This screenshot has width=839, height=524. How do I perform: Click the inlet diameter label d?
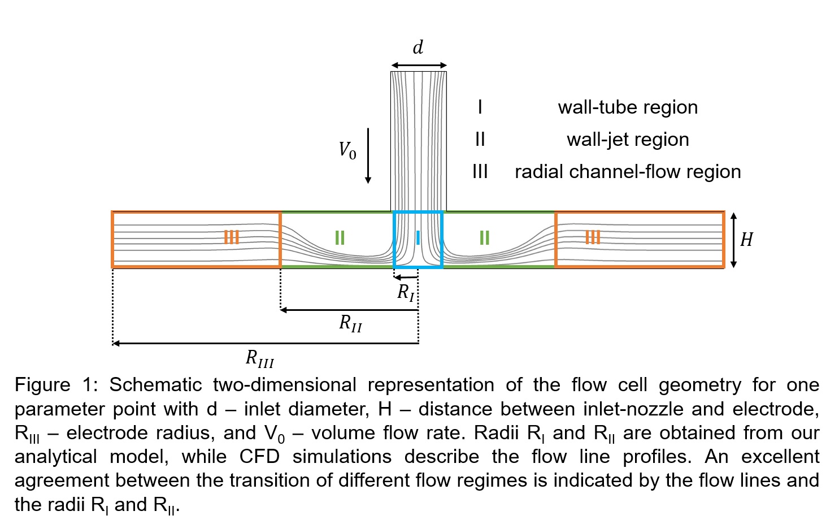pos(418,47)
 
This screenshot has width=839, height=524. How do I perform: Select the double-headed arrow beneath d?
pos(419,66)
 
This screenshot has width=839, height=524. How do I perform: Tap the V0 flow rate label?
pos(347,151)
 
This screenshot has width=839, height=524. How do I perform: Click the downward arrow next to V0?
pos(368,155)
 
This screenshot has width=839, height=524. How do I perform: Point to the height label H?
pos(746,240)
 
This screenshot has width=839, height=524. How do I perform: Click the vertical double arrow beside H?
pos(733,240)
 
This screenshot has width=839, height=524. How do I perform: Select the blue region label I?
pos(418,238)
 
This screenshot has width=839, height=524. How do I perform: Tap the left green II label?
pos(340,238)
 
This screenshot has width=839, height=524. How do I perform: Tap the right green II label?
pos(484,238)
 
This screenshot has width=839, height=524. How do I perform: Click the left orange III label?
pos(231,237)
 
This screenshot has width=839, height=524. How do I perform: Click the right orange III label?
pos(592,237)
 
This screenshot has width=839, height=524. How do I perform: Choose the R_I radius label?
pos(406,292)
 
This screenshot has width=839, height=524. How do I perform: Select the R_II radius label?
pos(350,323)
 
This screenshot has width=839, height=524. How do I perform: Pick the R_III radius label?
pos(259,358)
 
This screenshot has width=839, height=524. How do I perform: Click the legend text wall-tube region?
pos(627,107)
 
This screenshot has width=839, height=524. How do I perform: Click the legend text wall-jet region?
pos(627,140)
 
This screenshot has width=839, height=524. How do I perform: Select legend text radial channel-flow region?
pos(627,172)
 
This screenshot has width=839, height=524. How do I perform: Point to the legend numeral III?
pos(480,172)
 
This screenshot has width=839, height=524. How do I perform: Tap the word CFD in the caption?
pos(259,457)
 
